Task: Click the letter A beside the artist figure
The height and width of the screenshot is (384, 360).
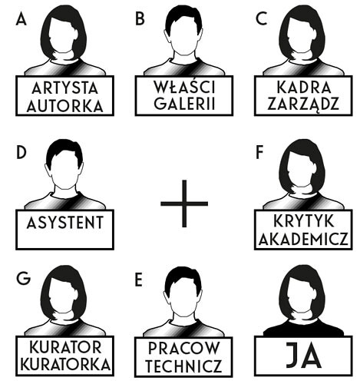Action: pyautogui.click(x=21, y=19)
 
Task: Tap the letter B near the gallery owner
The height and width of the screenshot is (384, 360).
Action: pyautogui.click(x=140, y=19)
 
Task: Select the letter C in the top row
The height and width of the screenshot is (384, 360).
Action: pyautogui.click(x=261, y=19)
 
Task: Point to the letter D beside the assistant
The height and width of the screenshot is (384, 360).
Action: pyautogui.click(x=21, y=153)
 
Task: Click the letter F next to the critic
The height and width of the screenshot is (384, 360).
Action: pyautogui.click(x=259, y=153)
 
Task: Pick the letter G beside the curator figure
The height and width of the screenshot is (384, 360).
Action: pyautogui.click(x=23, y=279)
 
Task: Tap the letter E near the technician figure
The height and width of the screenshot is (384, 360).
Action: pyautogui.click(x=138, y=280)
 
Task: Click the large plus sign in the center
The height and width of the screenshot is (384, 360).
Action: pyautogui.click(x=184, y=204)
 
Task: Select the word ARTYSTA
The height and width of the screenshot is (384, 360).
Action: pyautogui.click(x=65, y=88)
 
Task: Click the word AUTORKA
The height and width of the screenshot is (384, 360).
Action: pyautogui.click(x=65, y=106)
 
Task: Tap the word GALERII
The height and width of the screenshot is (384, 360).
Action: pyautogui.click(x=184, y=104)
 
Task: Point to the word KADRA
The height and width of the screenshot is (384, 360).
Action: pyautogui.click(x=304, y=88)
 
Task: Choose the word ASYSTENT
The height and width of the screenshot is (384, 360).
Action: pyautogui.click(x=65, y=223)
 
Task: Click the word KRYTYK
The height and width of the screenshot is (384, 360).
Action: pyautogui.click(x=304, y=221)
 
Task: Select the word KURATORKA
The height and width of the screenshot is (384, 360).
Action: pyautogui.click(x=65, y=365)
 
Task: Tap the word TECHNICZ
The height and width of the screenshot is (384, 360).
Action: pyautogui.click(x=183, y=366)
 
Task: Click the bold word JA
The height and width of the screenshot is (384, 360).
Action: pyautogui.click(x=304, y=356)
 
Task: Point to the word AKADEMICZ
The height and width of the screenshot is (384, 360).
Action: pyautogui.click(x=304, y=239)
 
